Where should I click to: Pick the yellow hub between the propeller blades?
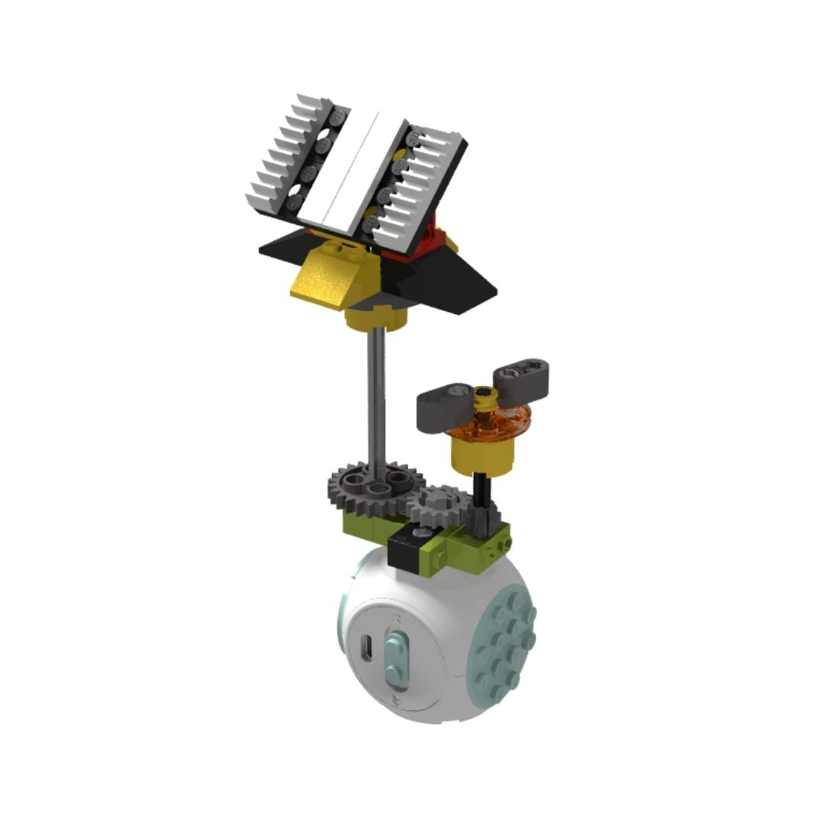tap(482, 396)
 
